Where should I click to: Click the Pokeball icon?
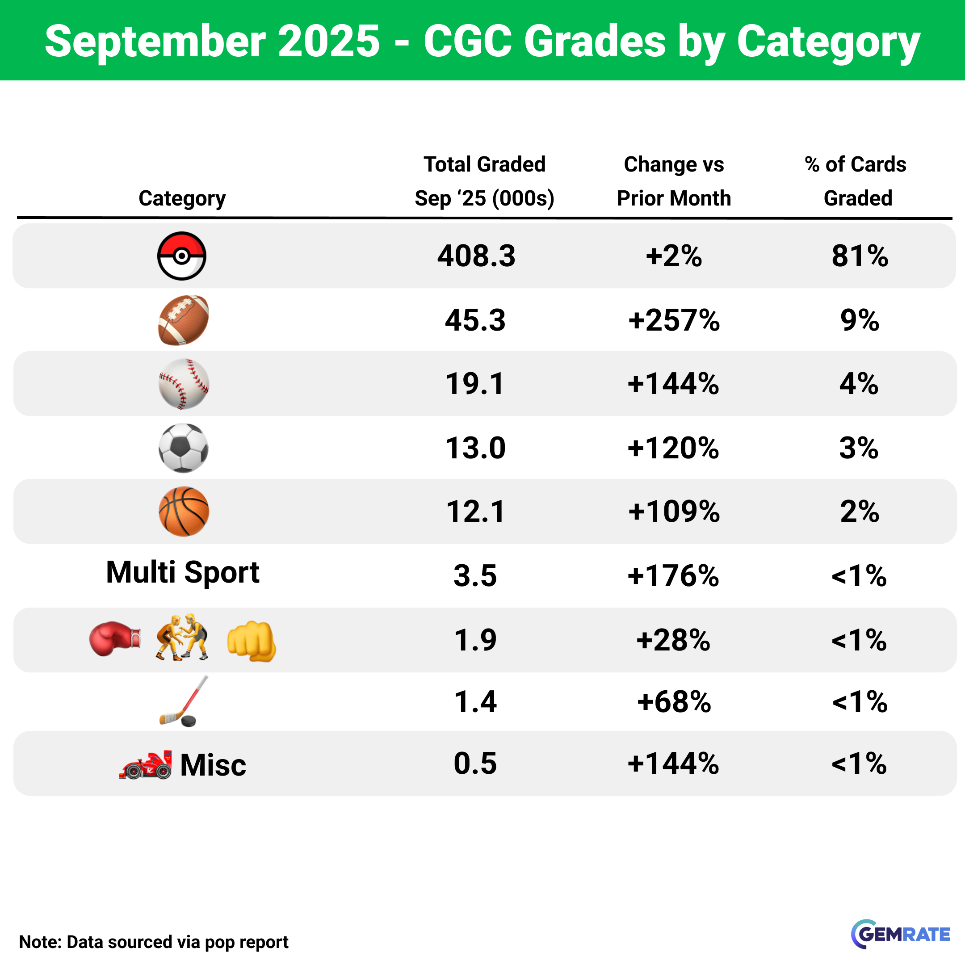pyautogui.click(x=182, y=256)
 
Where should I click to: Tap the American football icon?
pyautogui.click(x=183, y=320)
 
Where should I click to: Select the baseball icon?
pyautogui.click(x=183, y=384)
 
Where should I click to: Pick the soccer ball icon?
pyautogui.click(x=183, y=448)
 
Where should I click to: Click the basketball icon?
pyautogui.click(x=183, y=512)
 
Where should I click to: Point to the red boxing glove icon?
pyautogui.click(x=114, y=639)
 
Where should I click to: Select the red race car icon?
pyautogui.click(x=146, y=765)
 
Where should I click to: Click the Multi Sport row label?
pyautogui.click(x=183, y=572)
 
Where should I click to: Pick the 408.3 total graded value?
pyautogui.click(x=476, y=256)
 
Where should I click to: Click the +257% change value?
pyautogui.click(x=674, y=320)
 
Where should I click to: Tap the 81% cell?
pyautogui.click(x=860, y=256)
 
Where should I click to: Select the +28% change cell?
pyautogui.click(x=673, y=640)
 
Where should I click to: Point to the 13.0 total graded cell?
pyautogui.click(x=475, y=448)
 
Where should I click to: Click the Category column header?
pyautogui.click(x=182, y=198)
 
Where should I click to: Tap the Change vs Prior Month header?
pyautogui.click(x=674, y=181)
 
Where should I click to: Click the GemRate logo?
pyautogui.click(x=901, y=934)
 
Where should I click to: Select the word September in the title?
pyautogui.click(x=155, y=41)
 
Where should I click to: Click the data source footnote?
pyautogui.click(x=154, y=941)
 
